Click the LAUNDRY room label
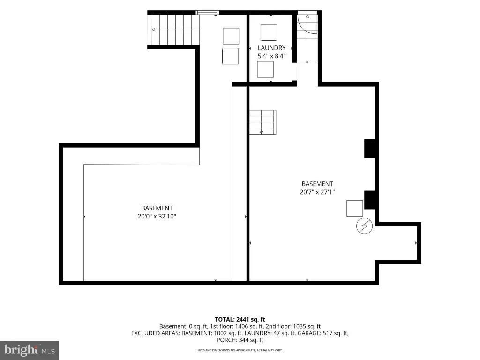pos(271,48)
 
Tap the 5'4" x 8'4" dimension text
pos(271,56)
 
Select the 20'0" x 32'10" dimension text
pos(157,216)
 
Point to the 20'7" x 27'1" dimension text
pos(317,192)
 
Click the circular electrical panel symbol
pos(364,226)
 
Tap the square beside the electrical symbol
pos(354,208)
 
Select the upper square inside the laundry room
pos(269,32)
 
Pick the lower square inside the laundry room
pos(265,69)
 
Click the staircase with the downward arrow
pos(262,122)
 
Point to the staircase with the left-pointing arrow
pos(173,30)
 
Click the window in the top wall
pos(207,13)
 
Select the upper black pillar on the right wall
pos(370,149)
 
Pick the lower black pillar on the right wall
pos(370,200)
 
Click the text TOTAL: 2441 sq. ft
pos(240,320)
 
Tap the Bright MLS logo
pos(30,350)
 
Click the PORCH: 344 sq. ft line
pos(240,340)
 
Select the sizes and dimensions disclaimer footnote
pos(240,350)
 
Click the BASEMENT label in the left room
pos(157,208)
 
